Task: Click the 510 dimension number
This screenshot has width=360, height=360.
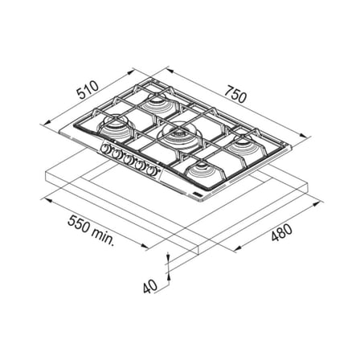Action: point(88,90)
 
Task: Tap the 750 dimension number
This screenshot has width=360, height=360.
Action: point(235,94)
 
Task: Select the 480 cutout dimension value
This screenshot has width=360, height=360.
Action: point(281,232)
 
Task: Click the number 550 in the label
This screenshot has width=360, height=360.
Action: point(79,224)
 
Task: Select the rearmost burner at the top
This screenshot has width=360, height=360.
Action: point(157,102)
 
